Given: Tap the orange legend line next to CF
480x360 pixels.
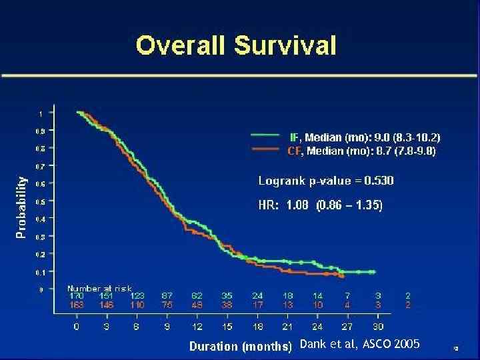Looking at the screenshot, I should tap(265, 150).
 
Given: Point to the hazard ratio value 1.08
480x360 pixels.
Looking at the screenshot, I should tap(297, 205).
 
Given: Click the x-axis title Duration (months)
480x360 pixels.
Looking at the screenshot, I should tap(241, 346).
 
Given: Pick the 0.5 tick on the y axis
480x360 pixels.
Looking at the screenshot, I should tap(40, 201).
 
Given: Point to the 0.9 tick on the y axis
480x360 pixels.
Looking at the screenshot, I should tap(40, 131).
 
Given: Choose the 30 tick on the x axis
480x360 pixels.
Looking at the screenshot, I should tap(378, 326).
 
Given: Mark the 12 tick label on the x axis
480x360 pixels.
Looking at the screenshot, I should tap(197, 326).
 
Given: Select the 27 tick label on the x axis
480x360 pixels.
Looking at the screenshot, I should tap(347, 326).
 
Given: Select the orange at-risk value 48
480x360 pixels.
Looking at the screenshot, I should tap(197, 304).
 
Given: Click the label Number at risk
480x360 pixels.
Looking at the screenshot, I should tap(99, 288).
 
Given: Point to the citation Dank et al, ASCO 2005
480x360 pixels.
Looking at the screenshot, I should tap(360, 344).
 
